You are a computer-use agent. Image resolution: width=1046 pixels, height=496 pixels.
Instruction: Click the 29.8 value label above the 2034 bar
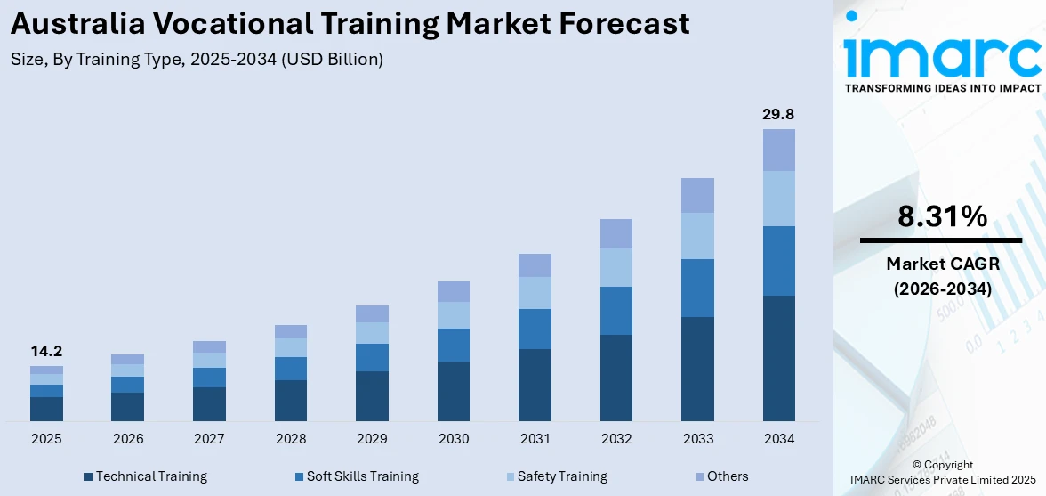click(778, 114)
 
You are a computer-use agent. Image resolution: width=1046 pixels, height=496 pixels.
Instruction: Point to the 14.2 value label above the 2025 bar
click(46, 351)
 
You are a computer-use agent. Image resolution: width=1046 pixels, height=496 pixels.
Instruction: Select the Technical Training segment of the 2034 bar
click(778, 358)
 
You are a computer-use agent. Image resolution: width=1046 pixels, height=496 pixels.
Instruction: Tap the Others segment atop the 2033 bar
click(697, 195)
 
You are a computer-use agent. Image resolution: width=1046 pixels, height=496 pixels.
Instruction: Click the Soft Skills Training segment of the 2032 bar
click(616, 311)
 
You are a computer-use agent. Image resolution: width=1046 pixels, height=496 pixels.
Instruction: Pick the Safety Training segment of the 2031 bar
click(535, 293)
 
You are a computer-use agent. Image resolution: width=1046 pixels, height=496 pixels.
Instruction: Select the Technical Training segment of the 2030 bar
click(453, 391)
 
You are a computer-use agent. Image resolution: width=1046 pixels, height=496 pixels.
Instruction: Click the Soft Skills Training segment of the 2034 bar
click(778, 261)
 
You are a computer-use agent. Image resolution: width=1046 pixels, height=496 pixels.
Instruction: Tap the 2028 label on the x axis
click(291, 439)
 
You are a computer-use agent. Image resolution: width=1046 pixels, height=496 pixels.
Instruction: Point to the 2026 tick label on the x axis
click(128, 439)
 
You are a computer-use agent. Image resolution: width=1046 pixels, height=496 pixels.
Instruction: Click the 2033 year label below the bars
click(697, 439)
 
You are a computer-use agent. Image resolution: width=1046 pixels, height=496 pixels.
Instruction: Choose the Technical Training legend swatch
click(88, 477)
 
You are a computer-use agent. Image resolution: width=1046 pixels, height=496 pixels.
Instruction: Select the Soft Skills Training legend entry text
click(362, 476)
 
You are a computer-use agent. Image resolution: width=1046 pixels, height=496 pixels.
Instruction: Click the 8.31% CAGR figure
click(941, 216)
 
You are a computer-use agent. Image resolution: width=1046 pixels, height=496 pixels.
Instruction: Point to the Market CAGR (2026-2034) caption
click(941, 276)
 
